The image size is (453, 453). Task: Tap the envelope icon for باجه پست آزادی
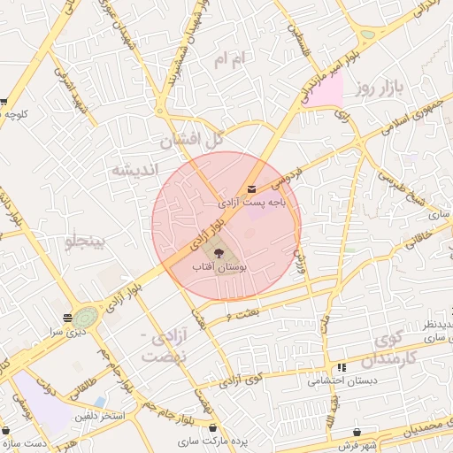coord(252,189)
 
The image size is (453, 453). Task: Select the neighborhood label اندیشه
coord(133,169)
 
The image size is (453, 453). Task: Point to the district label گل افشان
coord(191,141)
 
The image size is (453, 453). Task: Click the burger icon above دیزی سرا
coord(67,317)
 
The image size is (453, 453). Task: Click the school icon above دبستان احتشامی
coord(341,368)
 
